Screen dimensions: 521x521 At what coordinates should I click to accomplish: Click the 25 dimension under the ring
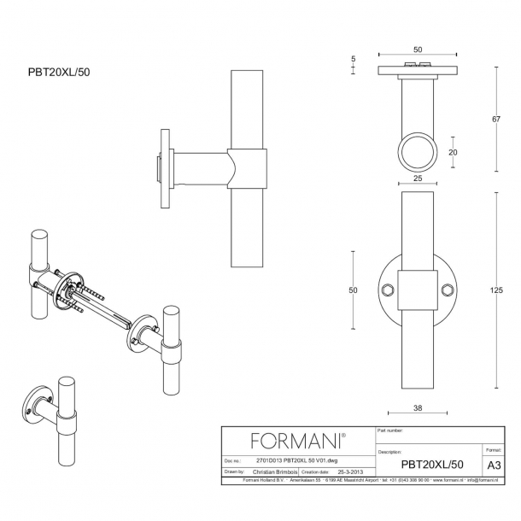419,179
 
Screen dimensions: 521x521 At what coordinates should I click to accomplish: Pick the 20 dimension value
453,152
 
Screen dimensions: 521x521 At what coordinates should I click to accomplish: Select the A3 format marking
493,465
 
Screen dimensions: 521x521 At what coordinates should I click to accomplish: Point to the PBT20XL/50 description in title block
432,465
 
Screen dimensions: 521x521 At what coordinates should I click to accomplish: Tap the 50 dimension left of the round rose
353,290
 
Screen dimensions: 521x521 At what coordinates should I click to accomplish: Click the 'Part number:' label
390,431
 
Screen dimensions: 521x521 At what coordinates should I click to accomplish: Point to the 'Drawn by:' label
235,471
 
